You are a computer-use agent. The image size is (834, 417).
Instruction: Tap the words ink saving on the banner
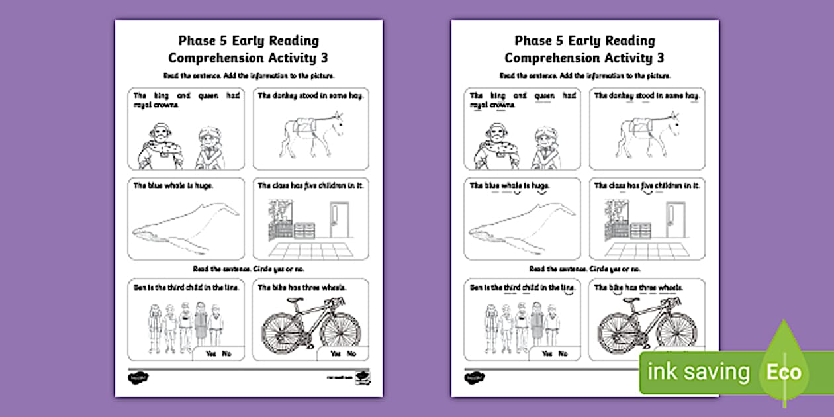(699, 372)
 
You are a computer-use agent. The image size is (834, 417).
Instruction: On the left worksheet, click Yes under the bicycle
(335, 354)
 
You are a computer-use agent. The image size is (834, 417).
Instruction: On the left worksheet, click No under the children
(228, 354)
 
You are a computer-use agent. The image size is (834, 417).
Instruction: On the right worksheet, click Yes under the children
(547, 354)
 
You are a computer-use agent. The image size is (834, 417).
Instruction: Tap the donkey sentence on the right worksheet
(646, 96)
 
